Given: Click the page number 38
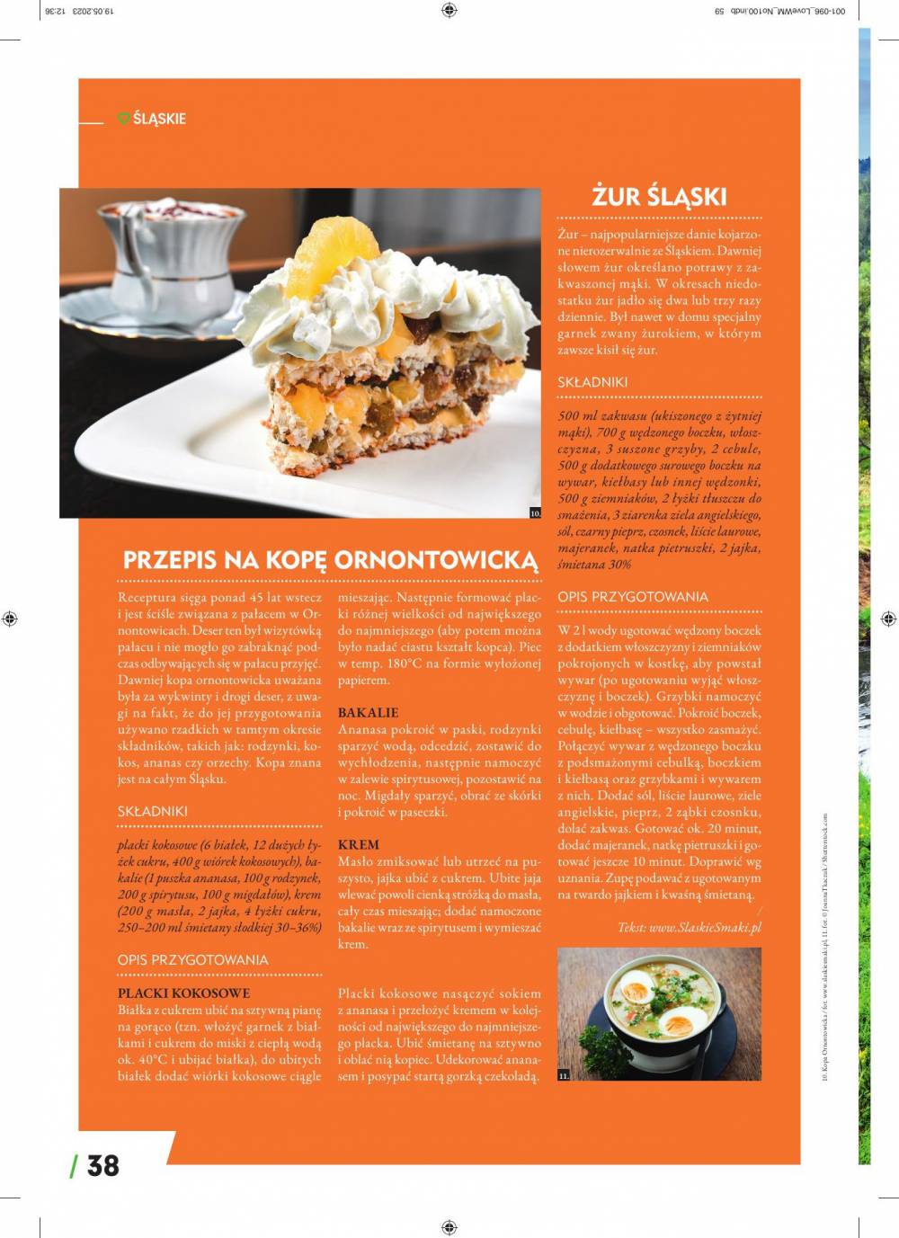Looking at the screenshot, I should coord(102,1165).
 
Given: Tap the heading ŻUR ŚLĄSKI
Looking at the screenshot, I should coord(659,196).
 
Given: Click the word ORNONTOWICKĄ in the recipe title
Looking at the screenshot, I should coord(435,560).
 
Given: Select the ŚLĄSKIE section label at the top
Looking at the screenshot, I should coord(159,119).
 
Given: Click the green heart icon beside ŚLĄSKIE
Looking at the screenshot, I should coord(124,118).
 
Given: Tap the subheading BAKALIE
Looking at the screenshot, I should coord(368,713).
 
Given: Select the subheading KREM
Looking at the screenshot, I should coord(358,845).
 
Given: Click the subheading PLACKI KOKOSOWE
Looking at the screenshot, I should coord(183,993).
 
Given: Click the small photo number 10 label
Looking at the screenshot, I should coord(536,513).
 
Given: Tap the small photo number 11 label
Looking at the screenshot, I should coord(564,1075).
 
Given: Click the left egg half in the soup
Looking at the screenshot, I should coord(636,991).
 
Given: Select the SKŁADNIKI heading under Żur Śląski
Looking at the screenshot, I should coord(592,382).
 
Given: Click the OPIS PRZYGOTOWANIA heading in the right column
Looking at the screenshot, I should coord(632,597).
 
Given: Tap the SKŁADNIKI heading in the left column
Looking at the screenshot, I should coord(153,811).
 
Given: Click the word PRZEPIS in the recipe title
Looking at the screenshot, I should coord(169,560).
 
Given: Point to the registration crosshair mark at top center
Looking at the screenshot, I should coord(449,11).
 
